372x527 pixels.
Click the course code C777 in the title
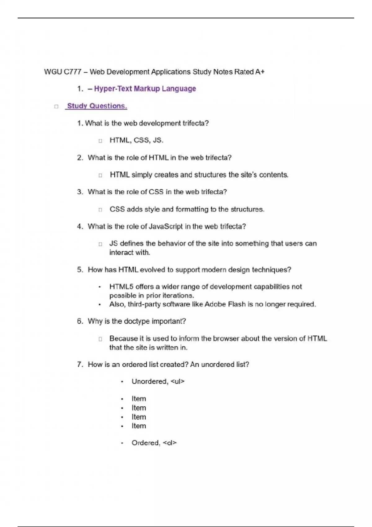coord(72,72)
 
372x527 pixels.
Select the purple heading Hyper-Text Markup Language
coord(145,89)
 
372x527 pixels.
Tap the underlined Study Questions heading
coord(97,106)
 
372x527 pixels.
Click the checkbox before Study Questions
coord(56,107)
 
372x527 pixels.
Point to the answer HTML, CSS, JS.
coord(136,140)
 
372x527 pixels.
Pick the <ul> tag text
coord(178,382)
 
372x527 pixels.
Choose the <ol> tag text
coord(170,443)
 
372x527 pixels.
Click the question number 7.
coord(80,365)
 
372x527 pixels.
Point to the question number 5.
coord(80,270)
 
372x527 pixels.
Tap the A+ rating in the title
coord(260,72)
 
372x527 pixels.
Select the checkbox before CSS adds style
coord(100,210)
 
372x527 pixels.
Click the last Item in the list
coord(139,426)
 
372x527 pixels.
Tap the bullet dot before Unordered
coord(122,382)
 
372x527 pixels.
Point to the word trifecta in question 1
coord(195,123)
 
